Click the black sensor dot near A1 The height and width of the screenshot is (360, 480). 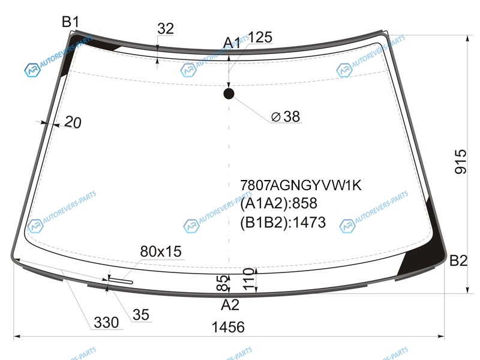click(229, 94)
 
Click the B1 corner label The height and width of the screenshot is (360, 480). click(71, 22)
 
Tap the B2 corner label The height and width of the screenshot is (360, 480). click(458, 260)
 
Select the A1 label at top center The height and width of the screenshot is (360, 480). click(232, 43)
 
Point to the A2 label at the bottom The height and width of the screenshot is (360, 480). click(230, 305)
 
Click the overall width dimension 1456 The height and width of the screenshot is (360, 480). click(228, 327)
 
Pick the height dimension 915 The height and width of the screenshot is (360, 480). click(461, 161)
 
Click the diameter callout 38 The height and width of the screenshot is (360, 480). click(286, 116)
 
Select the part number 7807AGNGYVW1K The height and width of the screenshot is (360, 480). click(301, 185)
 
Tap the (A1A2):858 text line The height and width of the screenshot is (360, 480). click(278, 203)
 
